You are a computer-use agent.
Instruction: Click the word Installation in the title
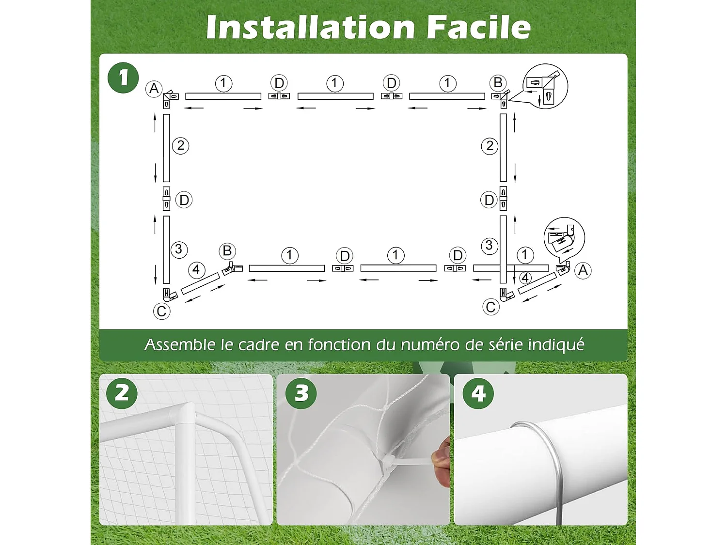pyautogui.click(x=310, y=27)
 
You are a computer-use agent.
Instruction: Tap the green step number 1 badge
pyautogui.click(x=123, y=78)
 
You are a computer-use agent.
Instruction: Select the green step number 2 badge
pyautogui.click(x=122, y=393)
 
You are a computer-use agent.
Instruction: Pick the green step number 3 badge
pyautogui.click(x=301, y=393)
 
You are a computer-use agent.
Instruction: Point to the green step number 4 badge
pyautogui.click(x=478, y=393)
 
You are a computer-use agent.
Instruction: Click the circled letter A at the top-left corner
pyautogui.click(x=154, y=89)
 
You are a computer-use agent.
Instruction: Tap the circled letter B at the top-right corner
pyautogui.click(x=498, y=82)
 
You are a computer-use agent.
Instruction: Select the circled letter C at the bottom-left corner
pyautogui.click(x=161, y=311)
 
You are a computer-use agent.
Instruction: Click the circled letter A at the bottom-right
pyautogui.click(x=583, y=270)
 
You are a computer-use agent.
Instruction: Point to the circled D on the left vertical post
pyautogui.click(x=184, y=200)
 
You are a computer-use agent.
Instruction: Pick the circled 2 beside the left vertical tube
pyautogui.click(x=180, y=146)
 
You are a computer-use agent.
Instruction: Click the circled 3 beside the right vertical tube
pyautogui.click(x=489, y=246)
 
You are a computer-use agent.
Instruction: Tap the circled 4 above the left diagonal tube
pyautogui.click(x=196, y=270)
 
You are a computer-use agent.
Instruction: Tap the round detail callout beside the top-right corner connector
pyautogui.click(x=546, y=86)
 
